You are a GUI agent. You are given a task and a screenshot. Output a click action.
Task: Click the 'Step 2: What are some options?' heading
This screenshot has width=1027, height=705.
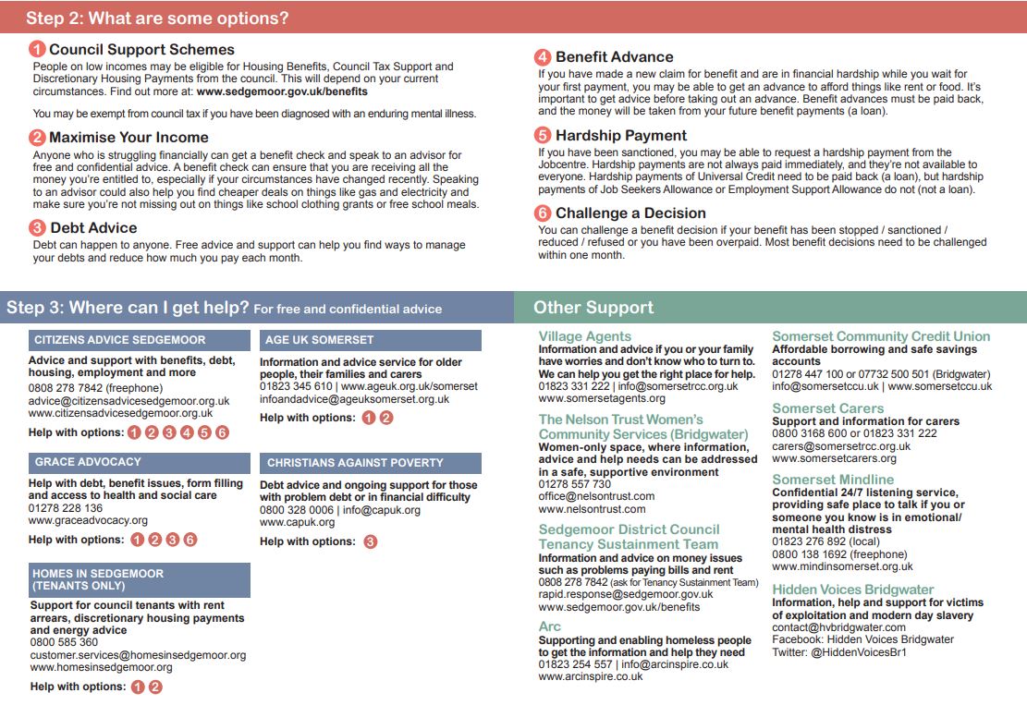point(157,18)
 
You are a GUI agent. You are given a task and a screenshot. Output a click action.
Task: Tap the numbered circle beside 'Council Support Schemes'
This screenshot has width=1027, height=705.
point(37,50)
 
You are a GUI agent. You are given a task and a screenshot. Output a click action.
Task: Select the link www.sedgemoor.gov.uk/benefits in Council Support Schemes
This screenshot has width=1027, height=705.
point(282,91)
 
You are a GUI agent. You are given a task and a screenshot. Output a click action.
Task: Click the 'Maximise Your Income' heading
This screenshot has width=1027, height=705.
point(128,138)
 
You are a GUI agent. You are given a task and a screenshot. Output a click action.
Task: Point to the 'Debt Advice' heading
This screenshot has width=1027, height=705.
point(93,227)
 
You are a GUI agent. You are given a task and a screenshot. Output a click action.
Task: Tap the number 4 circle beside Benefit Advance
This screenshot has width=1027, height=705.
point(544,57)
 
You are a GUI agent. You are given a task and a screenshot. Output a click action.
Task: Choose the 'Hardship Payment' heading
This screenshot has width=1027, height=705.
point(621,135)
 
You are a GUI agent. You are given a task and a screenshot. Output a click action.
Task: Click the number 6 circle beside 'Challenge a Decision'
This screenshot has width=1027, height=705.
point(544,213)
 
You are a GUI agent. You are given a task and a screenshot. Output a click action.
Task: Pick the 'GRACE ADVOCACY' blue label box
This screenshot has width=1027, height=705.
point(139,462)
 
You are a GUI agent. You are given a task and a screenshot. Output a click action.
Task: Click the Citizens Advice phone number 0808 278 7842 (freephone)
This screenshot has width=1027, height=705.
point(95,388)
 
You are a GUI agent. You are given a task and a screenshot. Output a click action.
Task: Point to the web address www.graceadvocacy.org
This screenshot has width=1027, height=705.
point(88,521)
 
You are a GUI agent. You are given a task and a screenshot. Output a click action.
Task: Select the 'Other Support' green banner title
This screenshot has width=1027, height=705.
point(593,308)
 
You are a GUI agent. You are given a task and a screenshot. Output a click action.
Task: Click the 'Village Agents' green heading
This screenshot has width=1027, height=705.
point(585,336)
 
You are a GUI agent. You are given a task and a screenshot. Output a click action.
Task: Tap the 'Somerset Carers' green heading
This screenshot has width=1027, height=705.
point(827,408)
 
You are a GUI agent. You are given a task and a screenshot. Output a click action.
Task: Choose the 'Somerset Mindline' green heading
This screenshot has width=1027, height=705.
point(833,480)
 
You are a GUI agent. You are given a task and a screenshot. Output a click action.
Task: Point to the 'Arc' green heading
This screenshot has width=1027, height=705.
point(550,627)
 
